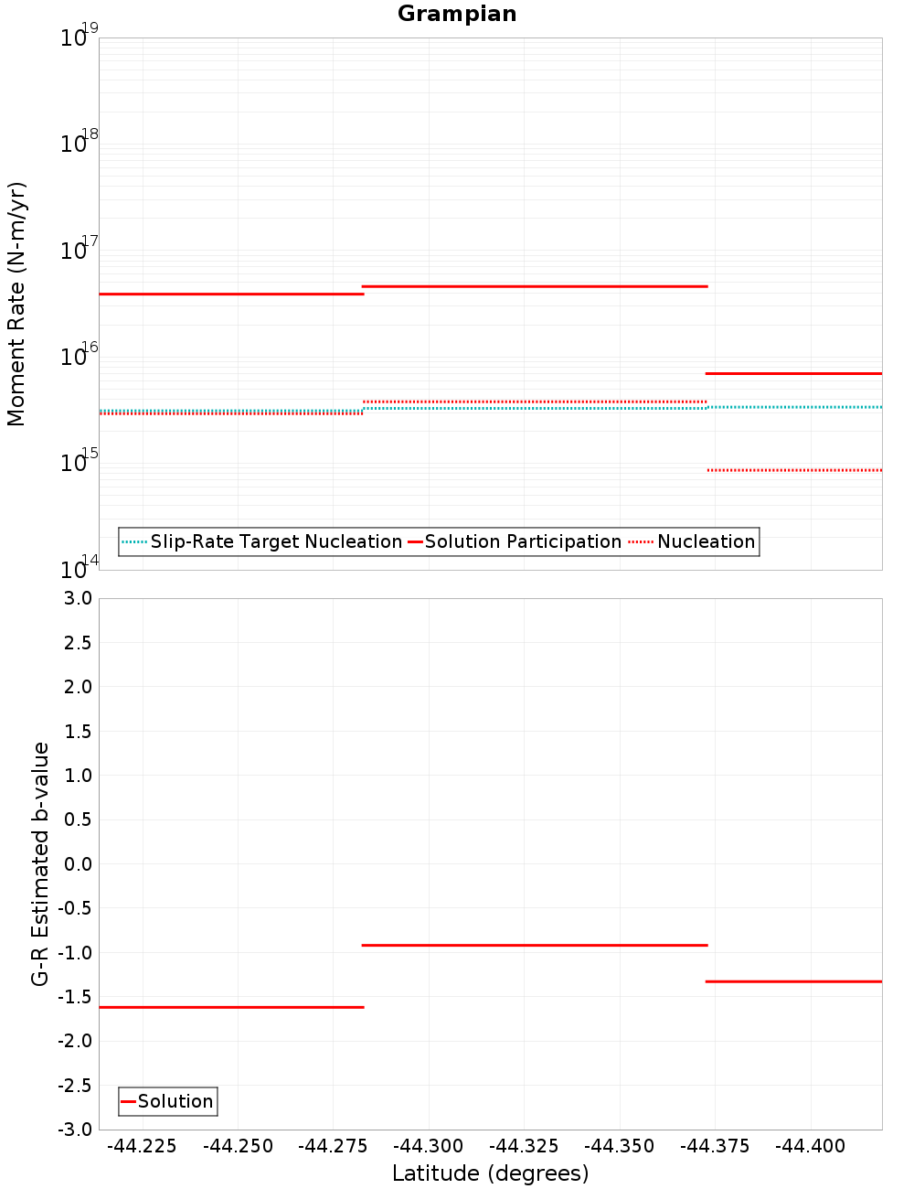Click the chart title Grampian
457,14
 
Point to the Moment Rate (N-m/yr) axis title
16,304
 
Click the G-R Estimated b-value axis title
40,863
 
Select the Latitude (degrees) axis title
490,1173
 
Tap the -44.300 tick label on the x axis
429,1146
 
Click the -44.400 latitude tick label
811,1146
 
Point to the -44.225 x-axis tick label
142,1146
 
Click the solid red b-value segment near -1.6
231,1007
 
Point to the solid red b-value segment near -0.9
535,945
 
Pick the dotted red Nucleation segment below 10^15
794,470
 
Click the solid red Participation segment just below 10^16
794,373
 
